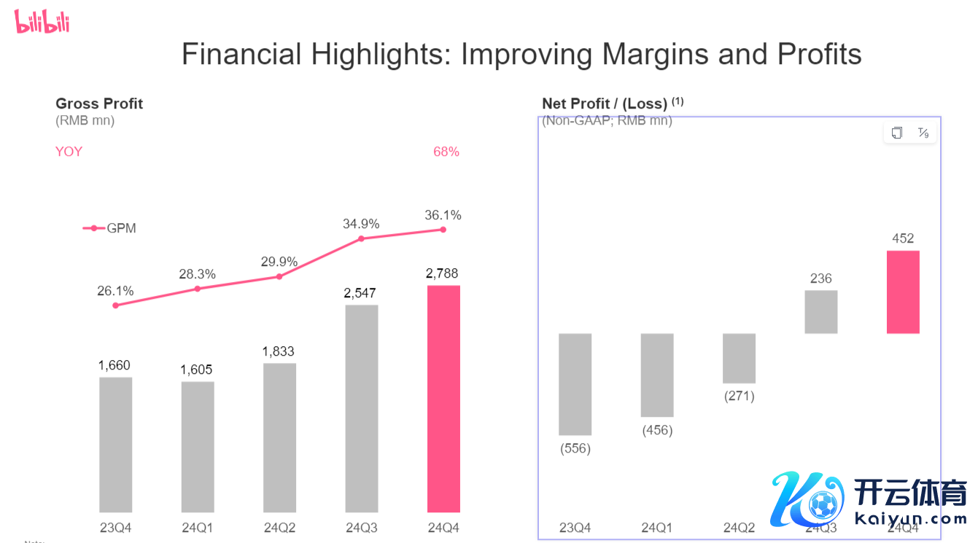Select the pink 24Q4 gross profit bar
[x=443, y=399]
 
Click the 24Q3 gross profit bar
[x=362, y=408]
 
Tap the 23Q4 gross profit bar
[x=115, y=445]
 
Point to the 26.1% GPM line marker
[x=115, y=305]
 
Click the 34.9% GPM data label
[x=361, y=224]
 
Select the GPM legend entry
[x=110, y=228]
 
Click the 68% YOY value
[x=446, y=152]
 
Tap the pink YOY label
[x=69, y=152]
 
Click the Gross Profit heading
[x=99, y=103]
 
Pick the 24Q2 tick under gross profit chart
[x=279, y=528]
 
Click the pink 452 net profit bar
[x=903, y=292]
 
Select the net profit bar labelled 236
[x=821, y=312]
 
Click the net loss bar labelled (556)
[x=575, y=384]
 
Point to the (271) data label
[x=739, y=396]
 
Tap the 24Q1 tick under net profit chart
[x=657, y=528]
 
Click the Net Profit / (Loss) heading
[x=605, y=103]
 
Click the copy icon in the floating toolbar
[x=897, y=133]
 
